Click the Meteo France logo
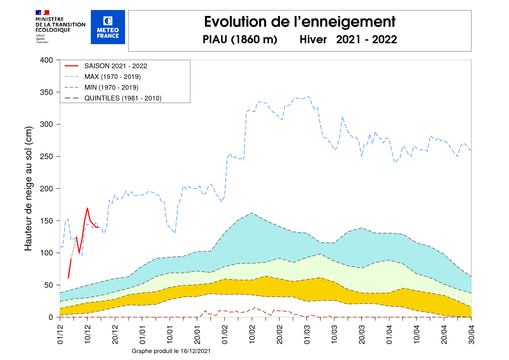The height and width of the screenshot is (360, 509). pos(108,27)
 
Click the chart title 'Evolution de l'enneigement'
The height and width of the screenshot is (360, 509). pos(299,22)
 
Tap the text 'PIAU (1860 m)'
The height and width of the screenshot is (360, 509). pos(240,39)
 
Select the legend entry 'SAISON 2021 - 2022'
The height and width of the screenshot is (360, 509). pos(115,66)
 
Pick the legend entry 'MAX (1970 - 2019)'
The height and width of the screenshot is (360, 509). pos(112,77)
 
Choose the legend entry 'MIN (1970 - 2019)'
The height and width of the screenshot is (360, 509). pos(111,87)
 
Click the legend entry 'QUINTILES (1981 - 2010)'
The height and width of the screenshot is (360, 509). pos(123,98)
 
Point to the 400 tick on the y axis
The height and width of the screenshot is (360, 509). pos(46,60)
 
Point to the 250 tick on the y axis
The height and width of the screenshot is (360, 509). pos(46,156)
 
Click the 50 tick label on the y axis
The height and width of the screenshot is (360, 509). pos(48,285)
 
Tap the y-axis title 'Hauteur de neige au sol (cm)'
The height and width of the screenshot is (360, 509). pos(28,188)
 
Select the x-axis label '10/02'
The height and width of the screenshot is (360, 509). pos(252,334)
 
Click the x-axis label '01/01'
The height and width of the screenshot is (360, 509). pos(142,334)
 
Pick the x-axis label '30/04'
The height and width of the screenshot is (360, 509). pos(471,334)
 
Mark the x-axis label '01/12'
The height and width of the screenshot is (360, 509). pos(60,334)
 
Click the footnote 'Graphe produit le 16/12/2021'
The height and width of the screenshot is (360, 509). pos(171,351)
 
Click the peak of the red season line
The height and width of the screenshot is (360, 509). pos(87,208)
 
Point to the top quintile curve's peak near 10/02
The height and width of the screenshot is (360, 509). pos(252,213)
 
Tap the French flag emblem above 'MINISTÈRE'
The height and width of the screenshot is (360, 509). pos(42,12)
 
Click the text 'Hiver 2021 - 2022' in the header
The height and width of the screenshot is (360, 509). pos(348,39)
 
